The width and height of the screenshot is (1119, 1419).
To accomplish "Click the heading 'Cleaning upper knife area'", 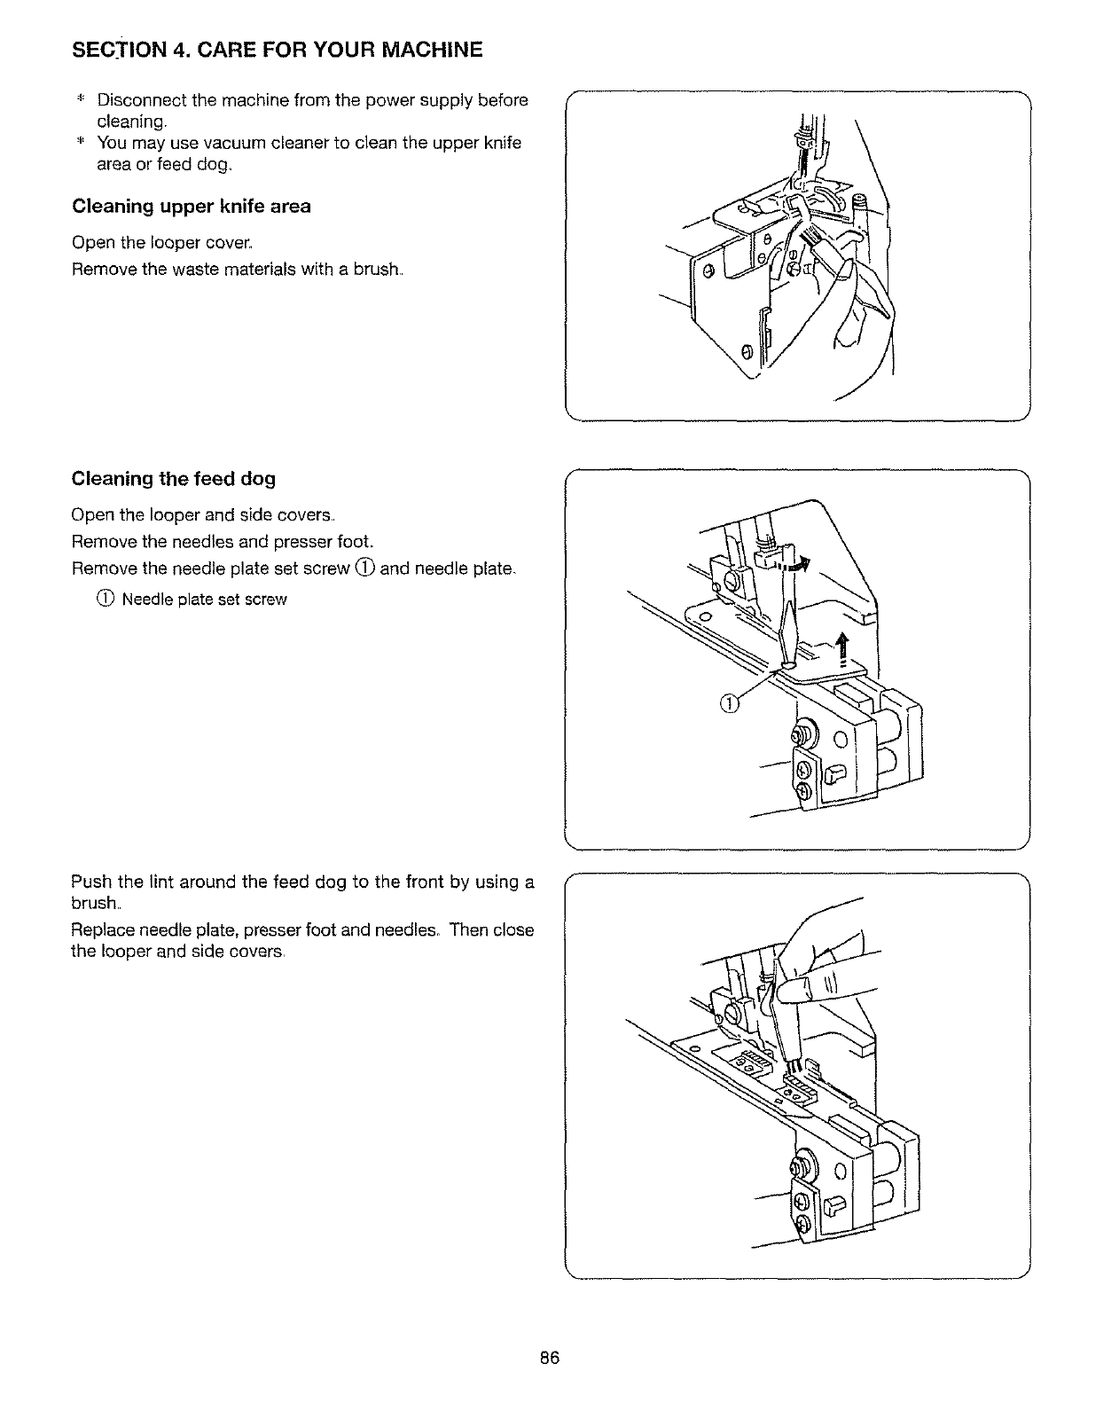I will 191,207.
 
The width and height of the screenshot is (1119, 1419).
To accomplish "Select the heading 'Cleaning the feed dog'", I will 173,479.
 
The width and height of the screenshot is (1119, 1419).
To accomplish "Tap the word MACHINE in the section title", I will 427,50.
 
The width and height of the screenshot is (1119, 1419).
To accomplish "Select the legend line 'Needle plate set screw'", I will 204,599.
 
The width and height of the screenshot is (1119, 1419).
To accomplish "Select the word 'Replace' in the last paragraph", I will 100,929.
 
